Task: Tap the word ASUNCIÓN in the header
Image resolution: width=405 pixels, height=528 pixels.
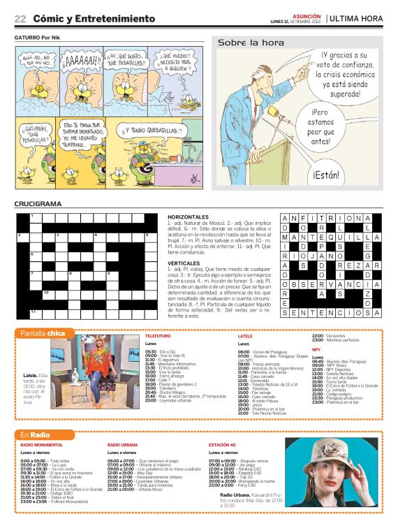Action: click(x=307, y=15)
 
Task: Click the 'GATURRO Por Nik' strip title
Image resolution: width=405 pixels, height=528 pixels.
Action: click(x=40, y=37)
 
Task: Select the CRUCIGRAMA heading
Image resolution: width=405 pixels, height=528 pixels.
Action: click(x=38, y=204)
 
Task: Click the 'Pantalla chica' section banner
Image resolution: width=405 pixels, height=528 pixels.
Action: click(x=43, y=333)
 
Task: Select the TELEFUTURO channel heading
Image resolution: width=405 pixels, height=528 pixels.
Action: click(x=158, y=337)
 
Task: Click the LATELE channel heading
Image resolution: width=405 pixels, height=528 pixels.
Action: click(x=245, y=337)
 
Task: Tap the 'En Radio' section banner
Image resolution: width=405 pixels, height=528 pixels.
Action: click(x=35, y=435)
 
